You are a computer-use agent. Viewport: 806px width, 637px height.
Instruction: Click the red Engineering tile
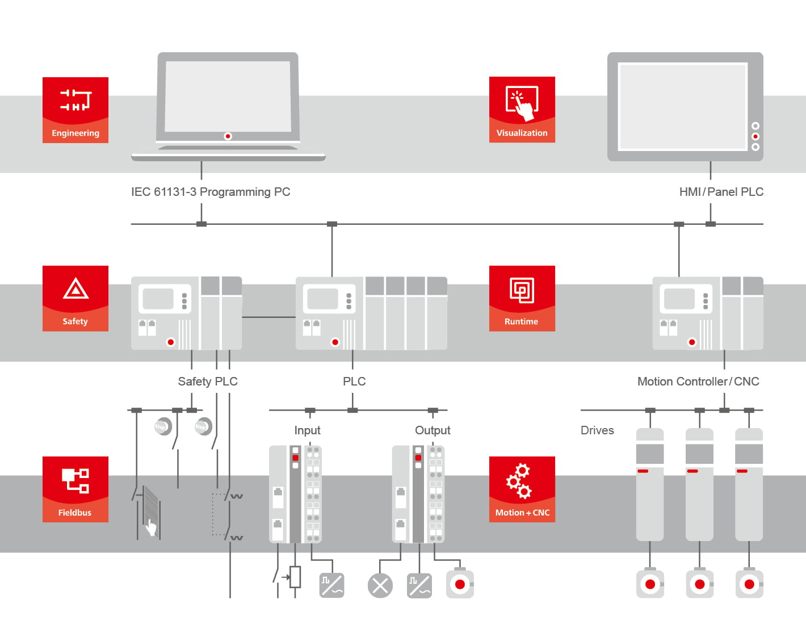(75, 110)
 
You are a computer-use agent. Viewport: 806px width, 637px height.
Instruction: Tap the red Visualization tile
(522, 110)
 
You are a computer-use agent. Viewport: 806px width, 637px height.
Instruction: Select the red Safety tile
(75, 299)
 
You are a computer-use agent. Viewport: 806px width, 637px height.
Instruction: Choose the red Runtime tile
(522, 299)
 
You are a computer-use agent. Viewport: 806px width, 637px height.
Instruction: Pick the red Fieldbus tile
(75, 489)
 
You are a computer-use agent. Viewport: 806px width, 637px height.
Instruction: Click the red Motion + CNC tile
(522, 489)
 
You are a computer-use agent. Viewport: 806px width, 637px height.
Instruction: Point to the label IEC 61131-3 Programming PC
(211, 192)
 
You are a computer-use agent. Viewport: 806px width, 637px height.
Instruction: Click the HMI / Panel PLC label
(721, 192)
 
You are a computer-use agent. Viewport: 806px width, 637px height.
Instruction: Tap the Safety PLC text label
(208, 382)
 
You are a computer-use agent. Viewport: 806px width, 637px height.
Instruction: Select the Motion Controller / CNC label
(698, 382)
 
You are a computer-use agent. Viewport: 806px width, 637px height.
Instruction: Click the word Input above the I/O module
(307, 430)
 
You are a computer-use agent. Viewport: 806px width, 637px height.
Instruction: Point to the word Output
(433, 430)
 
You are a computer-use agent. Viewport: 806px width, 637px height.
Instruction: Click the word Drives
(597, 430)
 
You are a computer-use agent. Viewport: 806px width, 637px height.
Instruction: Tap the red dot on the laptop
(228, 136)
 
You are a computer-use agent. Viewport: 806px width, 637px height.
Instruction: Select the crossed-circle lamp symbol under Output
(380, 586)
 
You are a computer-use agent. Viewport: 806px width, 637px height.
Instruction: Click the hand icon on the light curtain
(151, 528)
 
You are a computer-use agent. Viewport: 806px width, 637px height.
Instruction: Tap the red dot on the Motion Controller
(692, 342)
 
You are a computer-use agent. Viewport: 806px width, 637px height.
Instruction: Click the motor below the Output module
(460, 584)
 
